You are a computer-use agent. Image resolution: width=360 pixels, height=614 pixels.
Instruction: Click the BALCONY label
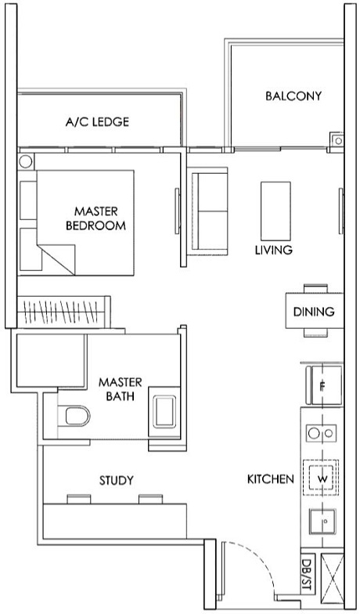(293, 96)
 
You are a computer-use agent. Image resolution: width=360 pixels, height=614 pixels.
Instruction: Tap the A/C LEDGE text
(97, 122)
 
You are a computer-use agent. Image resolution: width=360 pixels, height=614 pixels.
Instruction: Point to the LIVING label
(273, 251)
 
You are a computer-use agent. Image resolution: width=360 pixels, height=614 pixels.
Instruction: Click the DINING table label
(314, 312)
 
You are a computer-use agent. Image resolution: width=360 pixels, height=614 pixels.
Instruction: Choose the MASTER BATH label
(120, 389)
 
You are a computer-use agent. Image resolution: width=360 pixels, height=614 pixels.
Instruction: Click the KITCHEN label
(270, 479)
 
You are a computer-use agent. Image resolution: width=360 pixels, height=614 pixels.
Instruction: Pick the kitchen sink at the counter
(322, 521)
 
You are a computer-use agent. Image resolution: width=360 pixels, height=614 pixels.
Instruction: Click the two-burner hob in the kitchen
(322, 432)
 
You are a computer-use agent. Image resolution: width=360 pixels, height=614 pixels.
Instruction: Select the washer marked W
(322, 477)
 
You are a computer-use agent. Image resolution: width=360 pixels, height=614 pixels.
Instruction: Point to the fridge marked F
(322, 385)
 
